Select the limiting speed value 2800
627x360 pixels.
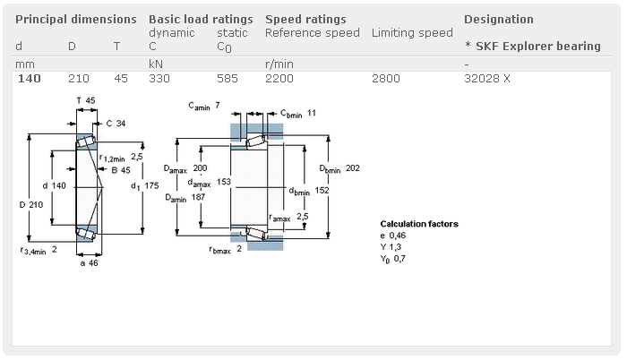click(x=385, y=79)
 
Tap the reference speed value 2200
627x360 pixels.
click(x=279, y=79)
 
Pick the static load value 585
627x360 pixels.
click(x=228, y=79)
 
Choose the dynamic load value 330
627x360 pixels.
click(x=159, y=79)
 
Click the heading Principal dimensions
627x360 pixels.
click(x=76, y=19)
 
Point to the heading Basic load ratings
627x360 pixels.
click(x=200, y=19)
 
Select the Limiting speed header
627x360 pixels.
click(x=412, y=33)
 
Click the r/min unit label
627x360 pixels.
click(x=279, y=64)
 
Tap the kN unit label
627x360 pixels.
click(x=156, y=64)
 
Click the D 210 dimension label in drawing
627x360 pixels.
click(x=30, y=205)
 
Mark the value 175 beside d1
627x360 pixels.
click(x=151, y=185)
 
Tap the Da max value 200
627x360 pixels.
click(x=201, y=168)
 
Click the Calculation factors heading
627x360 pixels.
click(x=419, y=224)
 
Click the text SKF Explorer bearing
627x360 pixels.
click(x=537, y=47)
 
